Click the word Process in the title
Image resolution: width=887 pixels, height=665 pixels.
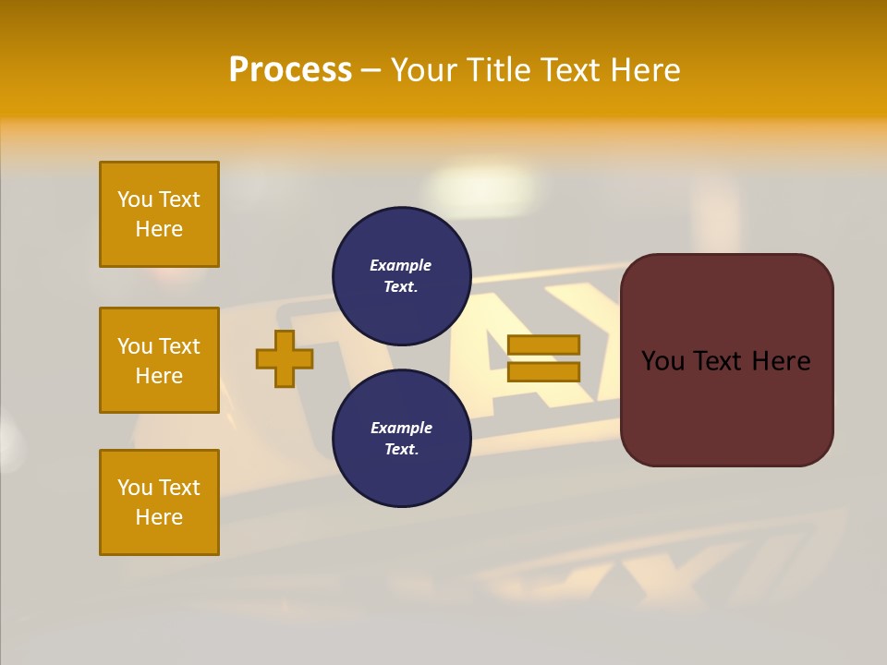(290, 70)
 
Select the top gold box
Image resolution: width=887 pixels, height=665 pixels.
(159, 214)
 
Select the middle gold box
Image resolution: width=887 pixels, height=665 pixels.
(159, 360)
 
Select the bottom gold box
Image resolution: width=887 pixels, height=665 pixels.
(159, 502)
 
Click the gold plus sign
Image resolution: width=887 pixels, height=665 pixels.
(285, 358)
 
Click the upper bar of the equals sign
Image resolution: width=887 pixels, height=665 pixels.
(543, 345)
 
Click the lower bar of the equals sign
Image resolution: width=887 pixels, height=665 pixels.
(543, 371)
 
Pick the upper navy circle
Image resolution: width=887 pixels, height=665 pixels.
(401, 276)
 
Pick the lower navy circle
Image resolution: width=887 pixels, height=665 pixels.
(401, 439)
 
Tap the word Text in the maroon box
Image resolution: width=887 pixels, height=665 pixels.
(726, 361)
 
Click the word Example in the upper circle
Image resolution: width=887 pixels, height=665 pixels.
(401, 265)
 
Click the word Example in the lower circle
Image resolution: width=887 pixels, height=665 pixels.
(401, 428)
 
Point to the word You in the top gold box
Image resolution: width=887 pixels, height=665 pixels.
(135, 199)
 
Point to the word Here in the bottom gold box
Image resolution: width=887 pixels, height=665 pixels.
(159, 517)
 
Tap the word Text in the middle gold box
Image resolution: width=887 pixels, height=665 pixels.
(179, 346)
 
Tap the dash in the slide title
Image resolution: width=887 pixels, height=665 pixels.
(371, 71)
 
